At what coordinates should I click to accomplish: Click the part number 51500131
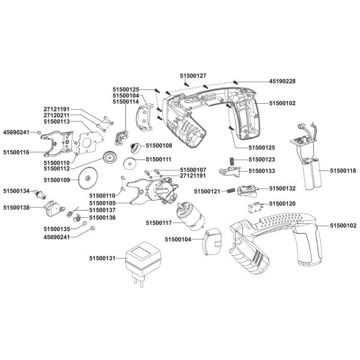pyautogui.click(x=102, y=258)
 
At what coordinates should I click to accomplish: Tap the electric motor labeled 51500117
pyautogui.click(x=190, y=216)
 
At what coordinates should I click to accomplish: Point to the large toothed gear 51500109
pyautogui.click(x=88, y=178)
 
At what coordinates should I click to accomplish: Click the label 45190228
pyautogui.click(x=282, y=81)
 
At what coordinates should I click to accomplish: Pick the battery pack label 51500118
pyautogui.click(x=343, y=171)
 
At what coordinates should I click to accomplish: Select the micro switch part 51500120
pyautogui.click(x=254, y=208)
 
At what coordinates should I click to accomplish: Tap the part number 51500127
pyautogui.click(x=193, y=76)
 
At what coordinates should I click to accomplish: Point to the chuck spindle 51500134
pyautogui.click(x=40, y=194)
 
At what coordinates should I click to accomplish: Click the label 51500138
pyautogui.click(x=16, y=208)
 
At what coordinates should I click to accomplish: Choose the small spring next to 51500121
pyautogui.click(x=231, y=191)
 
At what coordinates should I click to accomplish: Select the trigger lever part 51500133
pyautogui.click(x=230, y=172)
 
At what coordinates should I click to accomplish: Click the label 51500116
pyautogui.click(x=16, y=152)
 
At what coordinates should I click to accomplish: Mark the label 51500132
pyautogui.click(x=282, y=188)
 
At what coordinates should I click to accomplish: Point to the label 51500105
pyautogui.click(x=103, y=203)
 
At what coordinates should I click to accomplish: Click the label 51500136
pyautogui.click(x=103, y=217)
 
